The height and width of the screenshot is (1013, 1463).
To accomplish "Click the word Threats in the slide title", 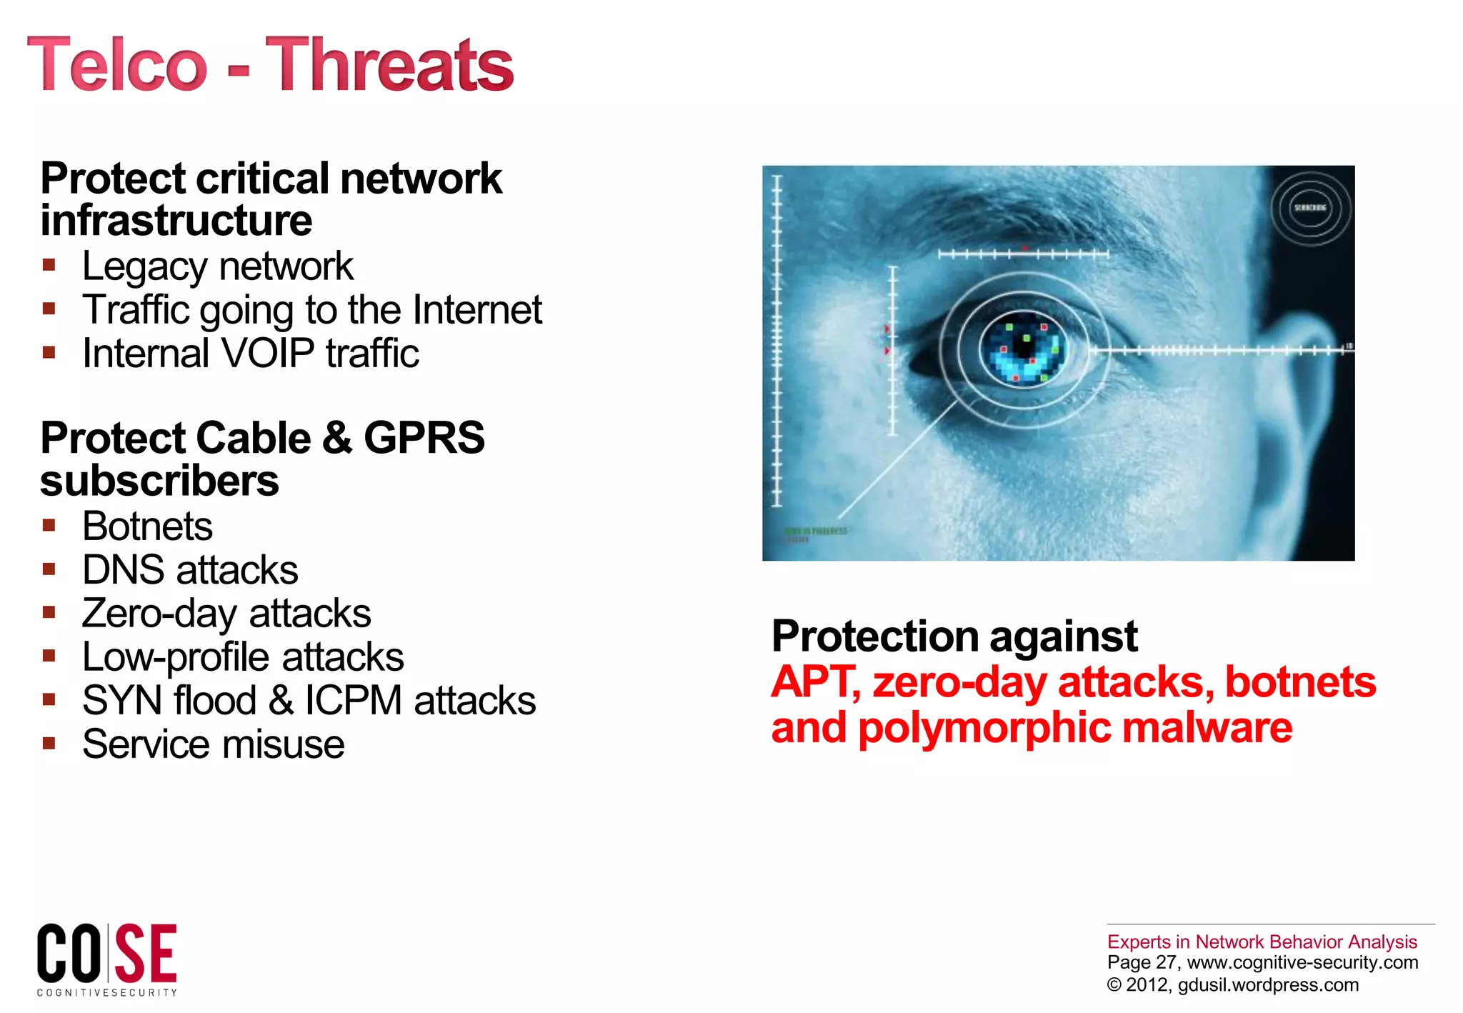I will (x=389, y=65).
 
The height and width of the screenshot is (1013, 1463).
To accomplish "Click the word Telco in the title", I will (x=117, y=65).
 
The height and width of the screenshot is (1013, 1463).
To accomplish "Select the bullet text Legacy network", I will (x=217, y=266).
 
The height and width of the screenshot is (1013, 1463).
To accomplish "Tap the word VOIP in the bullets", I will (x=269, y=354).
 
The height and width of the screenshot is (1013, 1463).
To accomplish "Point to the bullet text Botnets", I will (x=147, y=527).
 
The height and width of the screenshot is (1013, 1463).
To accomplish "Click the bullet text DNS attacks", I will (x=190, y=570).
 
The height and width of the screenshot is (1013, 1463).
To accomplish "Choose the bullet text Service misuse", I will (x=213, y=744).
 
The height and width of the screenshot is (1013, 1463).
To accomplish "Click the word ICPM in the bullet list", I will (x=353, y=701).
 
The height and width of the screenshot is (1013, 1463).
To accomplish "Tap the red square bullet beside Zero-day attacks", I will (x=49, y=612).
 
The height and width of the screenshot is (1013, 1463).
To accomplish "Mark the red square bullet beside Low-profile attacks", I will (x=49, y=656).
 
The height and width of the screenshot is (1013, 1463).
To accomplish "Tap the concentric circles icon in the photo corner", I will (x=1310, y=208).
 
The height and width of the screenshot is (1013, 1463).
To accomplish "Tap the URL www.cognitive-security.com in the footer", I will (x=1302, y=962).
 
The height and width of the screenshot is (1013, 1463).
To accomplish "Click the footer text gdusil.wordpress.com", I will (x=1268, y=984).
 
